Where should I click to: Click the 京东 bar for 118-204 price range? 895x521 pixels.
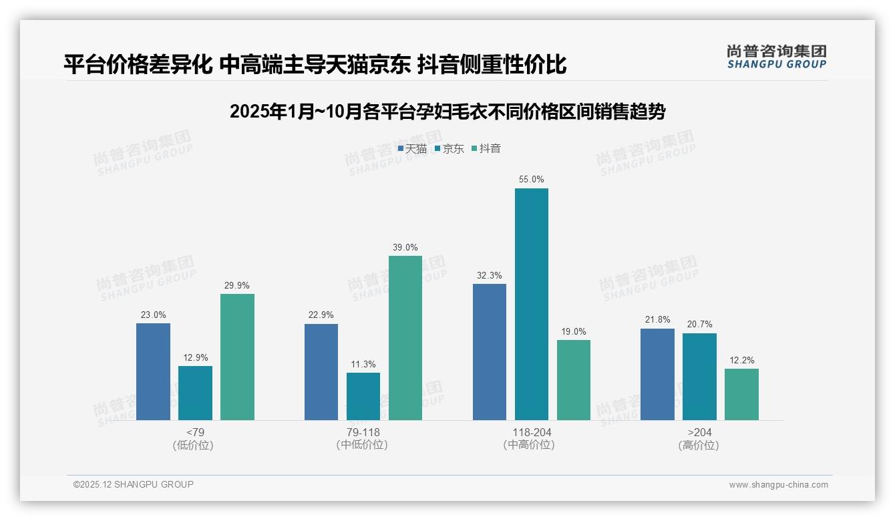click(531, 304)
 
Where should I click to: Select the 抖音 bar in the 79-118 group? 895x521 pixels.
click(405, 338)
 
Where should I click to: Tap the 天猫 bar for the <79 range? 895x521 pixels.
click(153, 371)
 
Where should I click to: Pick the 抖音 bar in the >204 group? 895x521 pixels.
click(741, 394)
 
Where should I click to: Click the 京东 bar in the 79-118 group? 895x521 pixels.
click(363, 396)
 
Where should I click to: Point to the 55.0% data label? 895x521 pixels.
click(531, 180)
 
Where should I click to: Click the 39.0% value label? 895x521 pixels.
click(405, 247)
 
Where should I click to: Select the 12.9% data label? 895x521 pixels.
click(195, 357)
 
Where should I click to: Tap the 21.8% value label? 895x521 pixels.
click(657, 320)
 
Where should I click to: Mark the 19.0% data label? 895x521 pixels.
click(573, 331)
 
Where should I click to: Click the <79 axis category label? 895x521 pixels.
click(195, 432)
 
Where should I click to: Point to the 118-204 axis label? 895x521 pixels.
click(531, 432)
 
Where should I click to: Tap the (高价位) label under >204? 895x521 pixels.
click(699, 446)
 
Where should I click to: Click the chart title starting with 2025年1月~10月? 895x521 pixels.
click(447, 112)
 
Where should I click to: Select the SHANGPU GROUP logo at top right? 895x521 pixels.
click(776, 57)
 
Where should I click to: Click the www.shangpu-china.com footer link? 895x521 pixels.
click(778, 485)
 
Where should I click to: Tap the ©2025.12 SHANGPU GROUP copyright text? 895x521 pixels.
click(134, 484)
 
